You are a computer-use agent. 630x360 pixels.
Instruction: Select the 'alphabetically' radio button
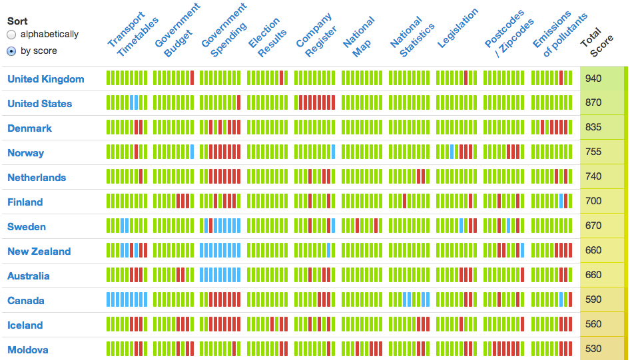(x=11, y=35)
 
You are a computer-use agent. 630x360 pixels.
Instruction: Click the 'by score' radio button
(x=11, y=51)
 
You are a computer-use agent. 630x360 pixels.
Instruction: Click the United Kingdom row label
(x=46, y=79)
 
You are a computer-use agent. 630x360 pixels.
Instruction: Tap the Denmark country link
(x=29, y=128)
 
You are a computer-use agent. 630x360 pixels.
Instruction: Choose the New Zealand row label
(x=39, y=252)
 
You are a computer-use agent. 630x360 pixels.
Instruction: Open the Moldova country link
(x=28, y=350)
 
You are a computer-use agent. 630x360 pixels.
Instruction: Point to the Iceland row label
(x=25, y=325)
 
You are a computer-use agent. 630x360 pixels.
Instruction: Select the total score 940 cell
(x=593, y=79)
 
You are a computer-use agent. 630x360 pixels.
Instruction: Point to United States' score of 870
(x=593, y=103)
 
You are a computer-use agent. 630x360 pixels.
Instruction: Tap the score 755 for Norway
(x=593, y=152)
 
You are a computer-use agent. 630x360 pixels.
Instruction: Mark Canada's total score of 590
(x=593, y=300)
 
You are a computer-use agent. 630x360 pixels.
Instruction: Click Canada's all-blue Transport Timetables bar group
(x=127, y=300)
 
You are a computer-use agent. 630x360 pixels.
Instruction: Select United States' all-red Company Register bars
(x=316, y=103)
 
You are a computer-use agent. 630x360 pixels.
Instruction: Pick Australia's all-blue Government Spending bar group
(x=220, y=275)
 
